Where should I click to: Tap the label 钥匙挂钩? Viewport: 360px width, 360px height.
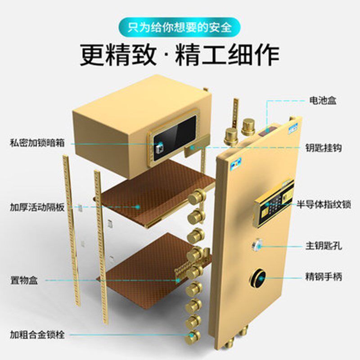pyautogui.click(x=323, y=148)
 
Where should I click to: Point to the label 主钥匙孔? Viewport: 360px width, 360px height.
pyautogui.click(x=323, y=246)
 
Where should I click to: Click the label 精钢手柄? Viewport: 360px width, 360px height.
pyautogui.click(x=323, y=276)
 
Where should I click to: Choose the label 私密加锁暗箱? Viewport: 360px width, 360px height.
pyautogui.click(x=37, y=144)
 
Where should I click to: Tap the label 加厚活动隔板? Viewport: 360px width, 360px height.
pyautogui.click(x=37, y=207)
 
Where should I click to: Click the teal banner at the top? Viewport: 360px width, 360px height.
pyautogui.click(x=180, y=27)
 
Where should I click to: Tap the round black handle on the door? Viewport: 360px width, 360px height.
pyautogui.click(x=258, y=278)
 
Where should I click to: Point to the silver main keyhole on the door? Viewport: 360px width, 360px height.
pyautogui.click(x=258, y=246)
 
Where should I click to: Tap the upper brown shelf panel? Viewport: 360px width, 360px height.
pyautogui.click(x=153, y=193)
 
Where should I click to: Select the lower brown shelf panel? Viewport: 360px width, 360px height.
pyautogui.click(x=144, y=265)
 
